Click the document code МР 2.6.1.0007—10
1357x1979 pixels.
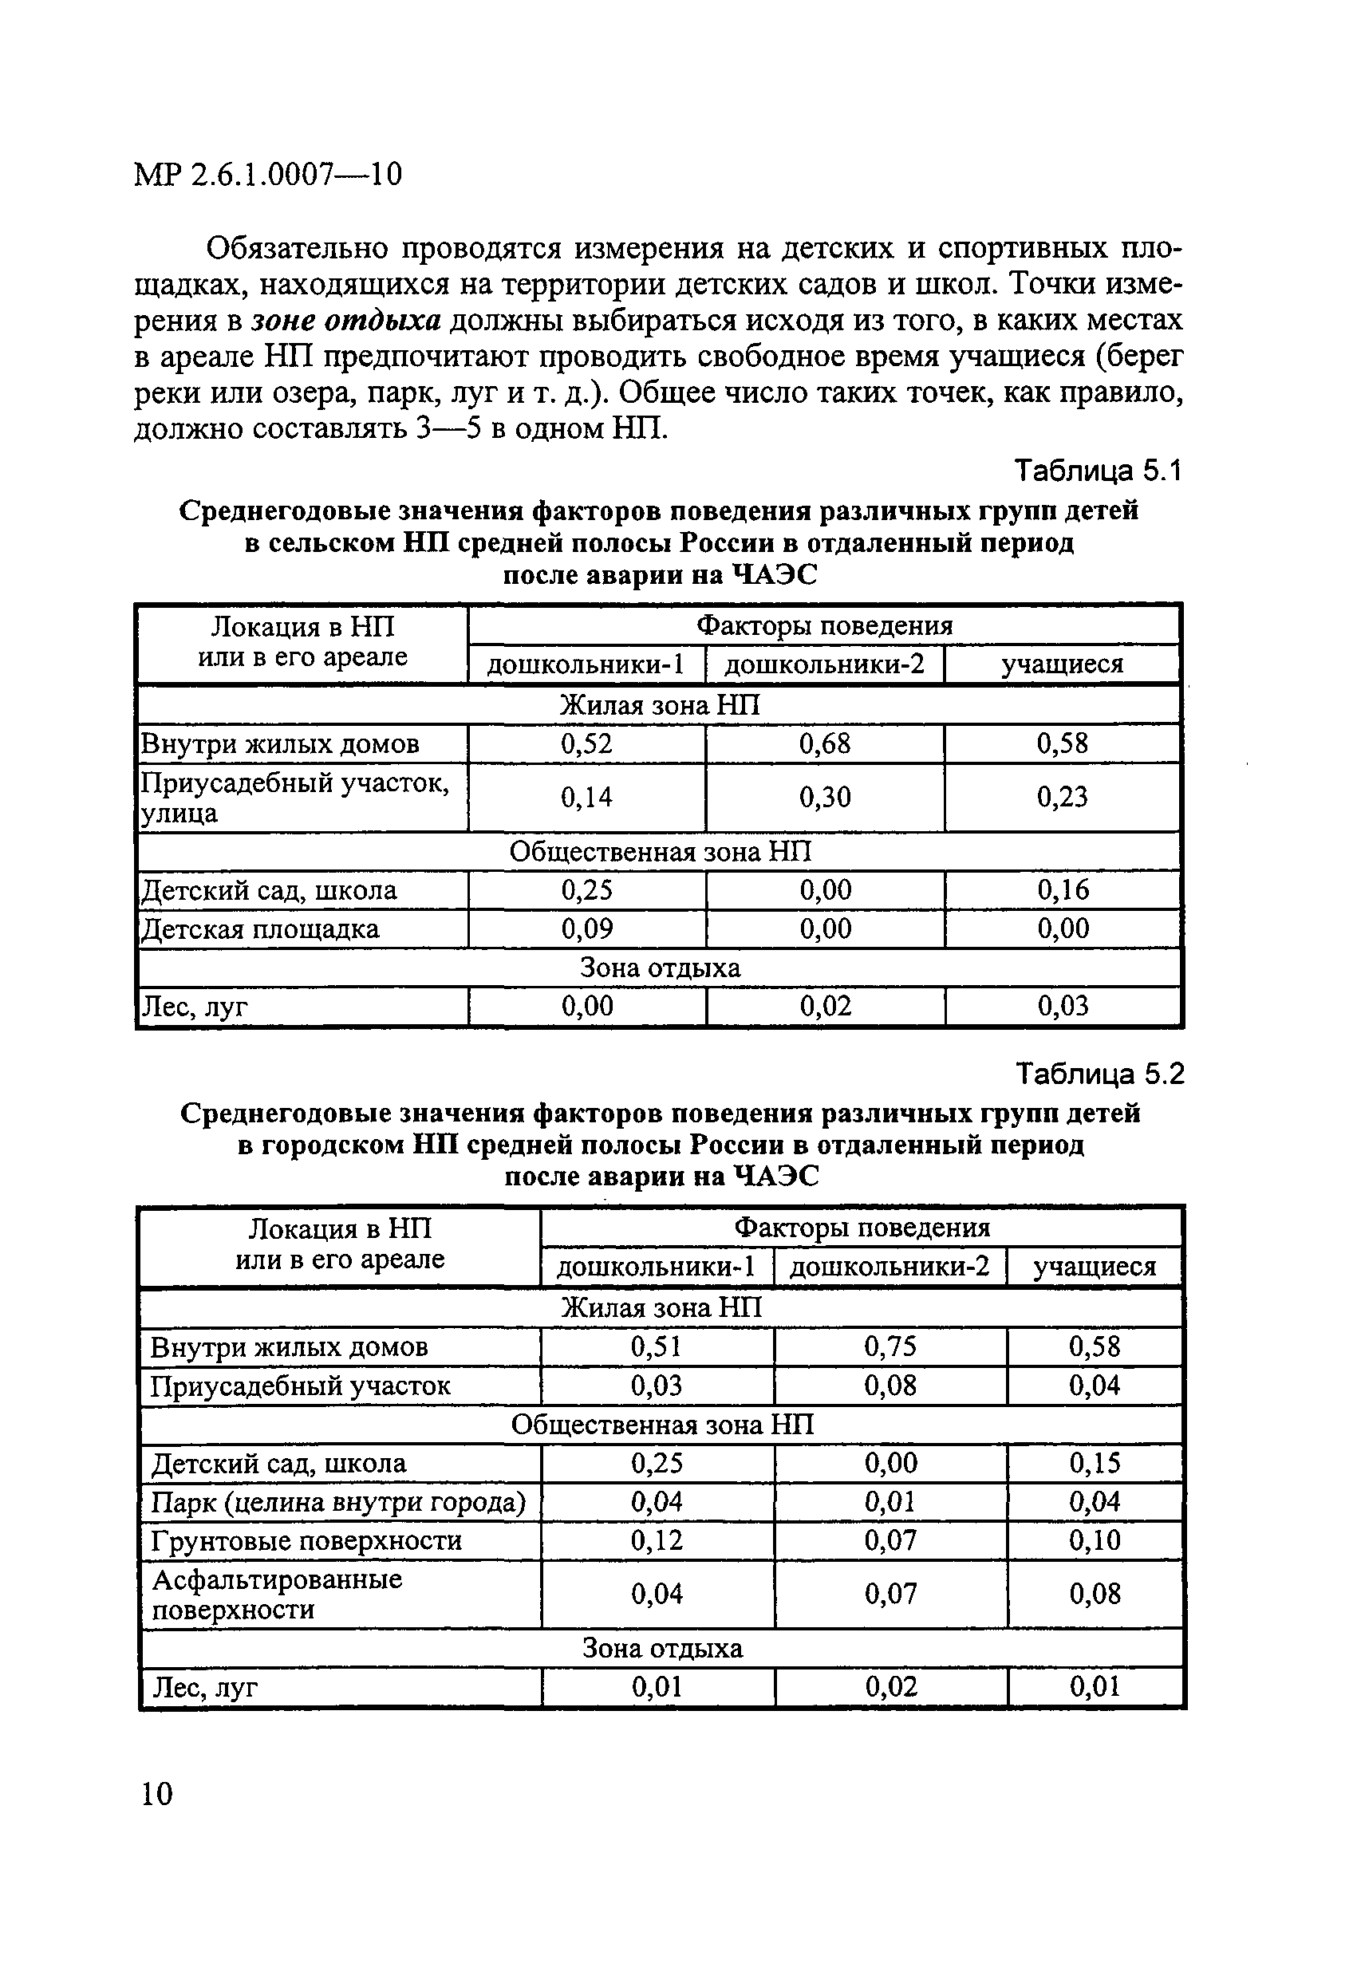click(267, 175)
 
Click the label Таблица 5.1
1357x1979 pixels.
click(1098, 470)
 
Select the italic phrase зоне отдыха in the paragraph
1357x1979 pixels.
click(346, 320)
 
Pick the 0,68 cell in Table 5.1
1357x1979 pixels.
click(825, 743)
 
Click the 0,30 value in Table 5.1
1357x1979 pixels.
click(825, 797)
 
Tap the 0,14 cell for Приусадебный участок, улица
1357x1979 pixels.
click(586, 797)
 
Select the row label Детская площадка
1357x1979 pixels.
click(260, 928)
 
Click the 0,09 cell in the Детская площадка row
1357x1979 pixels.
click(586, 928)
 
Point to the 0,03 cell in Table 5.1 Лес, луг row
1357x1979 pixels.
click(1063, 1007)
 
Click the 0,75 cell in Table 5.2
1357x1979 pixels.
click(890, 1346)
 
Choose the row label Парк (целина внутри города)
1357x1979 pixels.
click(338, 1501)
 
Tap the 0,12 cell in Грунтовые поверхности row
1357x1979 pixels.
click(657, 1539)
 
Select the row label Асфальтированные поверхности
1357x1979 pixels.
click(277, 1594)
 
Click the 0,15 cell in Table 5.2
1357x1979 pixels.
click(1095, 1463)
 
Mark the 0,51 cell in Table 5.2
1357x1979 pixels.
click(657, 1346)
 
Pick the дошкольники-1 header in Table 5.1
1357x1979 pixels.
click(586, 664)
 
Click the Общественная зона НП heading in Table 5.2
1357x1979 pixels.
click(662, 1425)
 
